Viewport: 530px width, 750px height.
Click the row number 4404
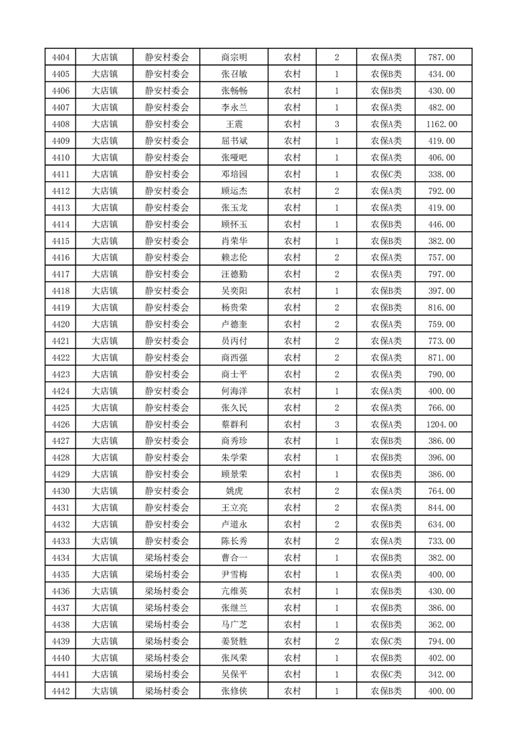point(60,57)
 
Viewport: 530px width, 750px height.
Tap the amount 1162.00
point(441,124)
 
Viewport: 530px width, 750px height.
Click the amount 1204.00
point(441,424)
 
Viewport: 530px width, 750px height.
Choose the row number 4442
point(60,691)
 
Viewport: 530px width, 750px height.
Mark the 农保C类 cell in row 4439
point(386,641)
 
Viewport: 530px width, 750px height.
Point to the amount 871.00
point(441,358)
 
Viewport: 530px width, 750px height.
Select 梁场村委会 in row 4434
point(167,557)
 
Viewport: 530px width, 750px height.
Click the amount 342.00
point(441,674)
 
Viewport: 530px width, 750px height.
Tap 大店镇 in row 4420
point(104,324)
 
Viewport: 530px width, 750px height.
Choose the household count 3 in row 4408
point(336,124)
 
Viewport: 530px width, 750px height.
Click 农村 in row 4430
point(292,491)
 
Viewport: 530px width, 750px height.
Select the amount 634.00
point(441,525)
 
